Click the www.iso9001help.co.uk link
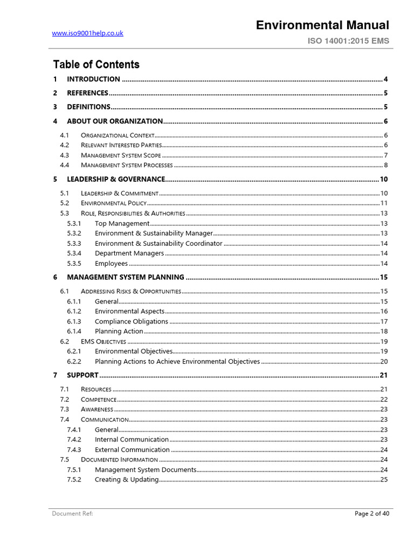click(x=87, y=33)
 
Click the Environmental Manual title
click(x=322, y=25)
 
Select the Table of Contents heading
click(x=96, y=65)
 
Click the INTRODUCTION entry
click(x=93, y=79)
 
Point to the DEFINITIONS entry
click(x=88, y=107)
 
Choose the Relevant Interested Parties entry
click(x=121, y=145)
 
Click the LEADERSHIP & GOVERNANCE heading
click(x=116, y=179)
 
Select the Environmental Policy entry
click(x=113, y=203)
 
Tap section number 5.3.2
click(x=74, y=233)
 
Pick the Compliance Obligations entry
click(x=132, y=321)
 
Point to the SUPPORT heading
click(x=82, y=375)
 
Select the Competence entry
click(x=98, y=399)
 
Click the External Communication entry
click(x=132, y=450)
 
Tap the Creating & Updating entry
click(x=126, y=480)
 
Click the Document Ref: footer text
click(x=72, y=514)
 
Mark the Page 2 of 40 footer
click(x=371, y=514)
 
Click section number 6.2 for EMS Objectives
click(x=64, y=341)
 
